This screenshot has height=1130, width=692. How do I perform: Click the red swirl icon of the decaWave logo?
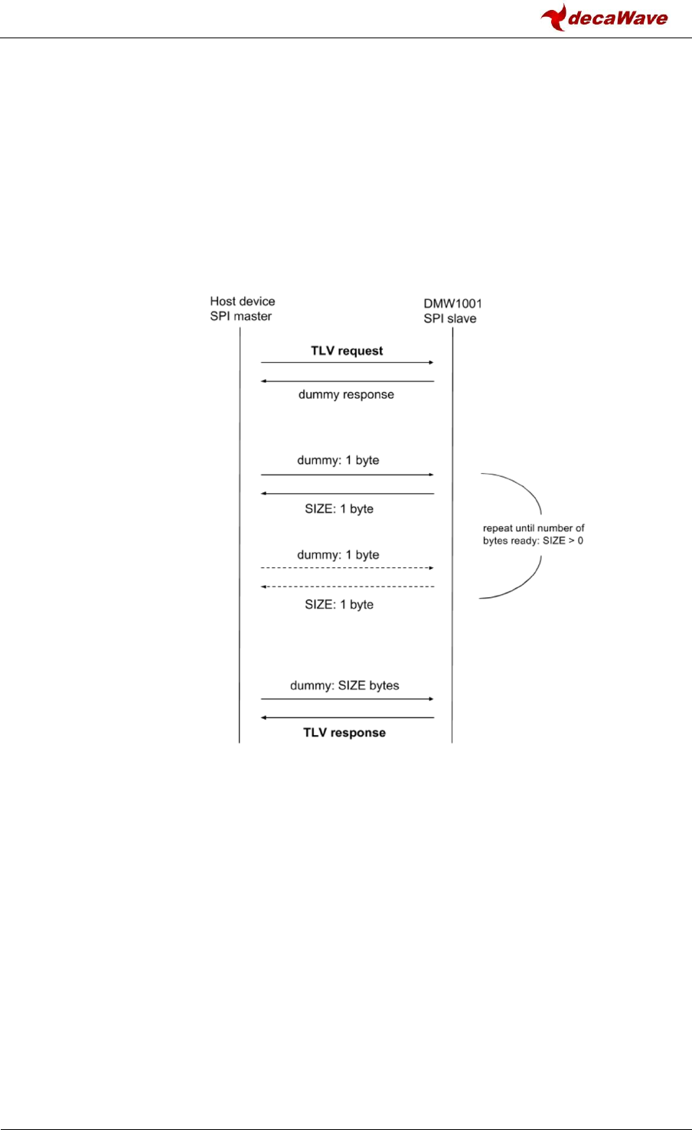(x=553, y=17)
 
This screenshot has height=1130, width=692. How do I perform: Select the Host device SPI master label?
(x=242, y=309)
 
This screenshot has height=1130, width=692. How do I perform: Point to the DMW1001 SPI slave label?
(x=452, y=311)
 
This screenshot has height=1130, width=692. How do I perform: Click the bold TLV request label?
(x=347, y=351)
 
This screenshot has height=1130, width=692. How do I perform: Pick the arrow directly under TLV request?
(x=347, y=362)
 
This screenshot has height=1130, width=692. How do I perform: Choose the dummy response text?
(x=346, y=394)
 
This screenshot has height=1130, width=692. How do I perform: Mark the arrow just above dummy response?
(x=347, y=380)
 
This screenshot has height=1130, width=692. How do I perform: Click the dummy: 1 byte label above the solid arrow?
(x=338, y=460)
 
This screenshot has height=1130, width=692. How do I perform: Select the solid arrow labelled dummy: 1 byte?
(x=347, y=475)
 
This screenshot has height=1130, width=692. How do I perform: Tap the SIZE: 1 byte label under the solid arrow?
(x=339, y=508)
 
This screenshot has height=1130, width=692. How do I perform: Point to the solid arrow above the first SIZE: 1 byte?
(x=347, y=494)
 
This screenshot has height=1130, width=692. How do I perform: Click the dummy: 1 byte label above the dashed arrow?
(x=338, y=554)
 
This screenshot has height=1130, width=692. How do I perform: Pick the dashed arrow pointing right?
(x=347, y=568)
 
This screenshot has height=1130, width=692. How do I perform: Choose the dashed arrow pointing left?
(x=347, y=586)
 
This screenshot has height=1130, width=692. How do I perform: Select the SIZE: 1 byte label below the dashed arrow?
(x=339, y=604)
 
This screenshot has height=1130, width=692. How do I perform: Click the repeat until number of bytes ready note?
(x=534, y=534)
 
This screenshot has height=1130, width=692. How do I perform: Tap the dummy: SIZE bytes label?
(x=344, y=685)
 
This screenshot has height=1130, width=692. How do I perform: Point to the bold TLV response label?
(x=344, y=733)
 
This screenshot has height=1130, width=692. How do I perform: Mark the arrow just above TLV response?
(x=347, y=717)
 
